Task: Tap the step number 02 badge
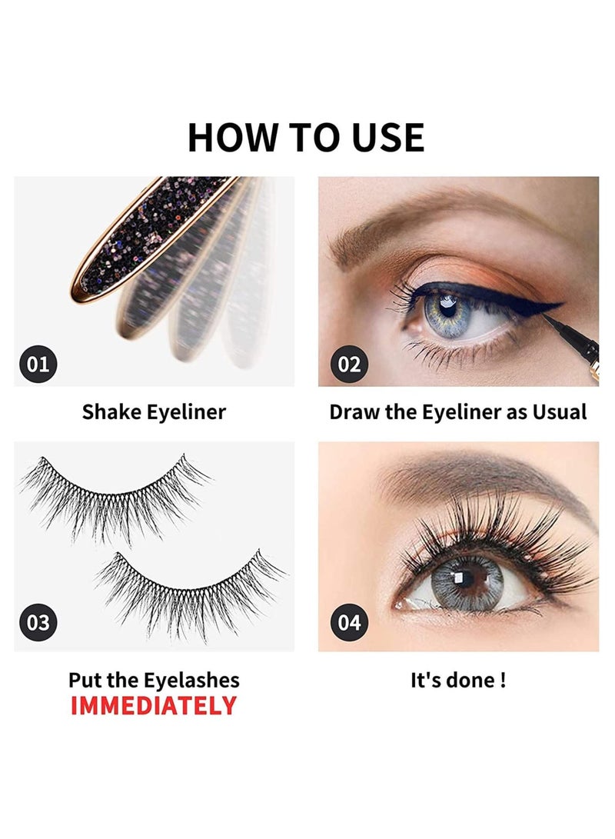(349, 363)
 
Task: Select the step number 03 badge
(38, 622)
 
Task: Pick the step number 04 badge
(349, 622)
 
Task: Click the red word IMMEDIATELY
(154, 706)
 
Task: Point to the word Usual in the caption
(558, 411)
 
